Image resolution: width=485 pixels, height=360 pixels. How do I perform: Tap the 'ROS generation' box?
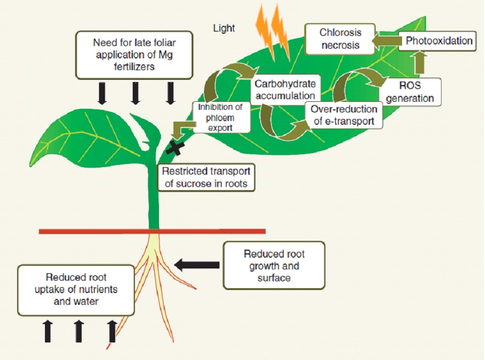tap(417, 92)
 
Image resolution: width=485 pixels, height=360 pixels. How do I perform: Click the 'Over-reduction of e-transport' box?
tap(345, 115)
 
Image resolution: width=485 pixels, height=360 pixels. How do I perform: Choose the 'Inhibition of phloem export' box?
tap(221, 117)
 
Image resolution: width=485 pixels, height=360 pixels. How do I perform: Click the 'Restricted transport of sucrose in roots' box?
tap(206, 177)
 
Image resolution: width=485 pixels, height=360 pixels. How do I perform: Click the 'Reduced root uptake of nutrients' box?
tap(75, 290)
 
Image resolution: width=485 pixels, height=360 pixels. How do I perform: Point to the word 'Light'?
tap(224, 28)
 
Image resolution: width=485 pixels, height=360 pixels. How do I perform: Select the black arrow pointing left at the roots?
tap(197, 264)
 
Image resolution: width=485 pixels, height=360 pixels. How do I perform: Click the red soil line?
tap(153, 231)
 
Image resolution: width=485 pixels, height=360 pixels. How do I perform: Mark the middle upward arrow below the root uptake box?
tap(78, 330)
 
